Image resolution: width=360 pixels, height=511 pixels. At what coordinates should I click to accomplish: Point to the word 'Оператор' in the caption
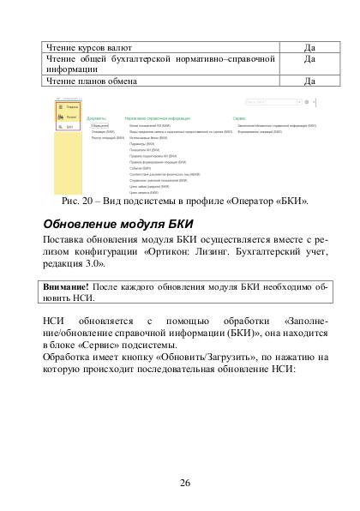pos(249,201)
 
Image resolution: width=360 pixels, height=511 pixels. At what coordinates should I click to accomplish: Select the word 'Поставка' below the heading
pos(67,243)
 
